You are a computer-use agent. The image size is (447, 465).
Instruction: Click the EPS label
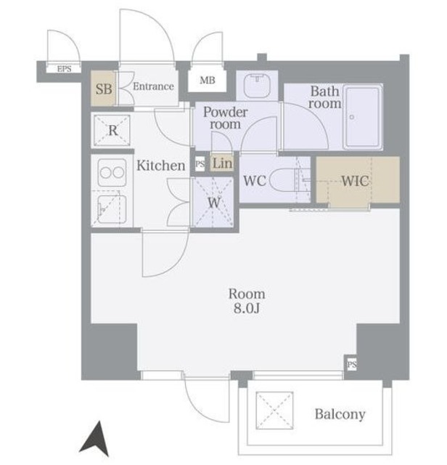point(64,69)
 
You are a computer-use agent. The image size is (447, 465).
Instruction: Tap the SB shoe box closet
point(103,89)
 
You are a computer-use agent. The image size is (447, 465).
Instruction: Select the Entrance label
point(153,86)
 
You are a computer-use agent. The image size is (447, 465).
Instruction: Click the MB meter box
point(207,80)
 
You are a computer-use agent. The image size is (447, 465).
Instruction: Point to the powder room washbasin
point(257,86)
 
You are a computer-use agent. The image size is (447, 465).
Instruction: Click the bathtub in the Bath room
point(363,117)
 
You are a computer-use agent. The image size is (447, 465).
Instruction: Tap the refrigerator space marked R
point(112,131)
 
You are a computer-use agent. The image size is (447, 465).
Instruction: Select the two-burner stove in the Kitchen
point(112,173)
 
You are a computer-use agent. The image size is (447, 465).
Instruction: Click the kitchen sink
point(112,210)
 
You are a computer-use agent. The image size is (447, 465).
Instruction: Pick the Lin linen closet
point(222,163)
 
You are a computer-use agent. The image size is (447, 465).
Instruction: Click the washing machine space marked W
point(213,202)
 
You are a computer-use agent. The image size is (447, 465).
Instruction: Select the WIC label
point(355,181)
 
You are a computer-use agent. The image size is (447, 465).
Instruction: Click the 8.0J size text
point(247,308)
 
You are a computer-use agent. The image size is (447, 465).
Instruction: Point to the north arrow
point(95,439)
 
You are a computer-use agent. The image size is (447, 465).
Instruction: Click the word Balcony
point(340,414)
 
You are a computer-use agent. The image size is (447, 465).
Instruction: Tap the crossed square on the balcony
point(274,411)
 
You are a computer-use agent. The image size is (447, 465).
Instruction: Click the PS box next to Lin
point(200,164)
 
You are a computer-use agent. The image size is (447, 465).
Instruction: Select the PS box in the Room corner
point(352,364)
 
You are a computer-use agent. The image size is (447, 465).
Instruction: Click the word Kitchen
point(161,166)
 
